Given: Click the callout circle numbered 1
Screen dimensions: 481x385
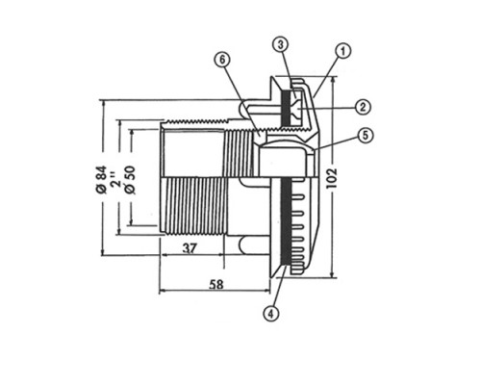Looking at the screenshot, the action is point(342,51).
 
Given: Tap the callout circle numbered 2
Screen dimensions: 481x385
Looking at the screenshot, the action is point(363,107).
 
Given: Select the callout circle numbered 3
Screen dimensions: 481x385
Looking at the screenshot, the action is point(281,45).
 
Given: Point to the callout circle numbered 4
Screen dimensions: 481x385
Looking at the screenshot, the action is point(271,314).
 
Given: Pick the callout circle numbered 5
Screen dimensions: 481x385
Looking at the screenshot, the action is point(366,136).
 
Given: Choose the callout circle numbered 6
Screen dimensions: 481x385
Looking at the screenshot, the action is point(222,60).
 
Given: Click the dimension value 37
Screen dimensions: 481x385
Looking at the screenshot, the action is point(190,248).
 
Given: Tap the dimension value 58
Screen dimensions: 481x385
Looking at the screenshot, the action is point(215,284).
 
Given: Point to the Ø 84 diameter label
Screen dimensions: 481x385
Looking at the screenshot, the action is point(101,180).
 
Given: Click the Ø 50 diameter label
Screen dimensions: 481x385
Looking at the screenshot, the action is point(131,180).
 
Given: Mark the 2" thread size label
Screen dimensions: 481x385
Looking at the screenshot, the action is point(116,181).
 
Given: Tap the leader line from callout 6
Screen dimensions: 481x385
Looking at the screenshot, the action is point(241,100).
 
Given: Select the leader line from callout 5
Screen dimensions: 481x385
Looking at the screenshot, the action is point(337,142).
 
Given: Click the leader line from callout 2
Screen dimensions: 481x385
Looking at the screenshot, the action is point(326,108).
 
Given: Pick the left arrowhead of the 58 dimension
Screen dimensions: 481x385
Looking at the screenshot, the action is point(163,291).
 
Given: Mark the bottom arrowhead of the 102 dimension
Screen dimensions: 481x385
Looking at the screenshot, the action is point(333,274).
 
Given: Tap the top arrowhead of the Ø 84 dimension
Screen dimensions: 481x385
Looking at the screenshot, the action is point(103,103).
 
